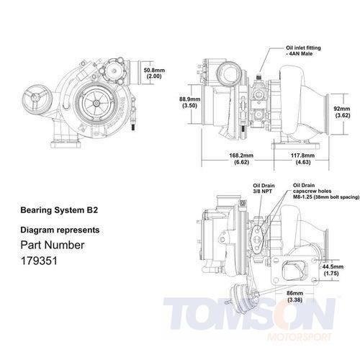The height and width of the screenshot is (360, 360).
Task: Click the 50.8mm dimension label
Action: point(154,71)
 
